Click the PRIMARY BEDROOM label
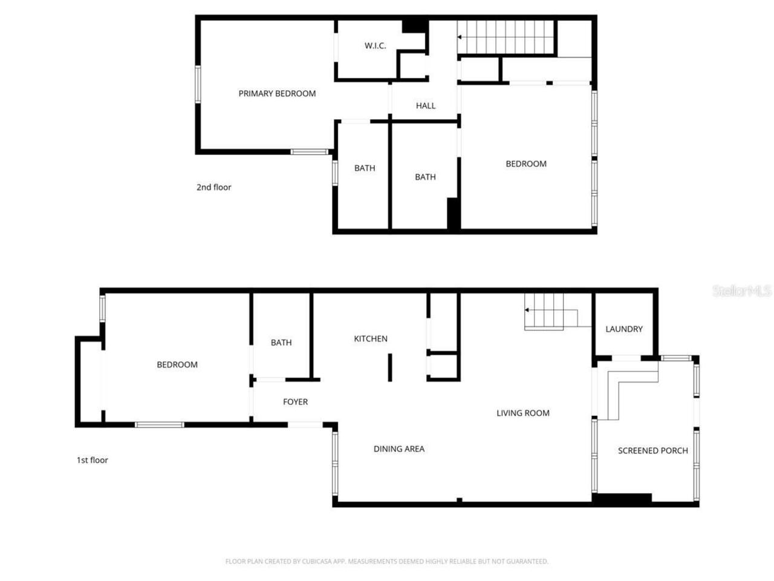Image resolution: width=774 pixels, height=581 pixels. pos(277,93)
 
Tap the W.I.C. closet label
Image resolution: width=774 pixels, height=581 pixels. pos(375,45)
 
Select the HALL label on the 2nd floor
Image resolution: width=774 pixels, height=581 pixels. pos(426,105)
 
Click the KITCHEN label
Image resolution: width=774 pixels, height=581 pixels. pos(371,338)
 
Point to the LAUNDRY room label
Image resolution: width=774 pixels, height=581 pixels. pos(624,329)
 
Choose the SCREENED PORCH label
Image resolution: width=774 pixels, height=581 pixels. pos(652,450)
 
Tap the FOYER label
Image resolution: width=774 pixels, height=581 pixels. pos(295,401)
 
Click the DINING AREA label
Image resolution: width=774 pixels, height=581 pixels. pos(399,448)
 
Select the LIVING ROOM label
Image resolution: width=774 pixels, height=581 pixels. pos(523,413)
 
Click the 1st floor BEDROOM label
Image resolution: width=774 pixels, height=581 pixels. pos(177,364)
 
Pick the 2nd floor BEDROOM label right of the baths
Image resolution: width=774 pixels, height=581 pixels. pos(526,163)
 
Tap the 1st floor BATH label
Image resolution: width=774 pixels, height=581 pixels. pos(281,342)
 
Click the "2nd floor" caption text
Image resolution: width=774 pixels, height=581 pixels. pos(213,187)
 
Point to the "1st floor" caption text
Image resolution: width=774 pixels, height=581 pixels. pos(92,460)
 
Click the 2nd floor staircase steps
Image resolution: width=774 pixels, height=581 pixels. pos(506,38)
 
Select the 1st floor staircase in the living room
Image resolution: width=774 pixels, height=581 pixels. pos(544,310)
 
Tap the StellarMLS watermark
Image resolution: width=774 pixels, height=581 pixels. pos(741,290)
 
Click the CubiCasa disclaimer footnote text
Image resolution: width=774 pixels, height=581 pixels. pos(387,561)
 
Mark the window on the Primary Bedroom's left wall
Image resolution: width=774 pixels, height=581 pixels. pos(197,84)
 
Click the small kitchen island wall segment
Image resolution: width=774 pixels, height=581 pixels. pos(390,367)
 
